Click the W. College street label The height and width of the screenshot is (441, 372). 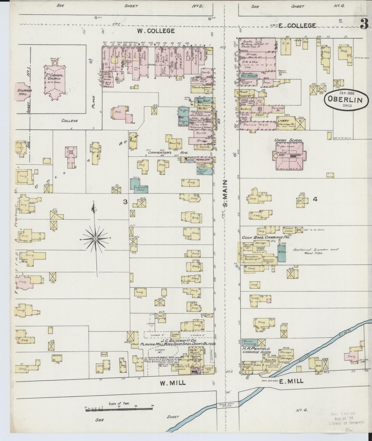[156, 31]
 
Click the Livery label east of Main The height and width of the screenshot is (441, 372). [283, 121]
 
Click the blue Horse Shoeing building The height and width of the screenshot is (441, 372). [249, 342]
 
